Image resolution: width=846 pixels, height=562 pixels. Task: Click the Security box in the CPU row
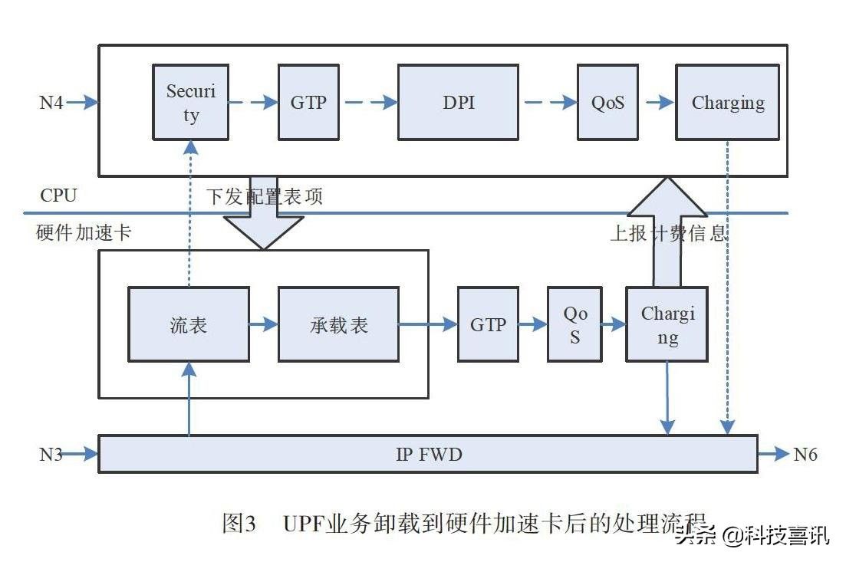click(190, 102)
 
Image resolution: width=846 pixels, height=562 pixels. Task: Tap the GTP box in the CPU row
click(308, 102)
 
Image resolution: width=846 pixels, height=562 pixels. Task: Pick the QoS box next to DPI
click(607, 102)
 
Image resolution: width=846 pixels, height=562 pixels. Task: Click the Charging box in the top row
click(727, 102)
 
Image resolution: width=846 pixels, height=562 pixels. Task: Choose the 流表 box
click(188, 324)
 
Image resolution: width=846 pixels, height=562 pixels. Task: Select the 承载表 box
click(338, 324)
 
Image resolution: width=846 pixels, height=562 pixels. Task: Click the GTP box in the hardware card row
click(488, 324)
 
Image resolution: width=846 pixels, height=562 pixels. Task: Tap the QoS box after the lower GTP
click(574, 324)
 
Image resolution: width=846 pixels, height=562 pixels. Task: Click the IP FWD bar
click(428, 454)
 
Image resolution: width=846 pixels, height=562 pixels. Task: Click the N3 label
click(51, 454)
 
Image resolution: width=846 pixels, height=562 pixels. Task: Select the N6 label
click(805, 454)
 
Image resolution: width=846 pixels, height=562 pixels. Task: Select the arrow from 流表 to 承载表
click(263, 324)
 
